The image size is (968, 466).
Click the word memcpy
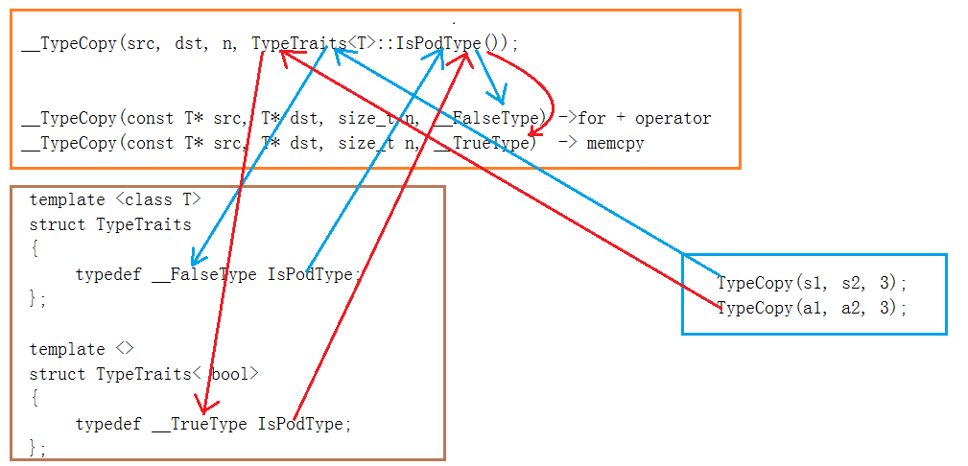tap(615, 143)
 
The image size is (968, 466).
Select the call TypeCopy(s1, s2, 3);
tap(811, 283)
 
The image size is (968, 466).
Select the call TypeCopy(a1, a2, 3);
tap(811, 308)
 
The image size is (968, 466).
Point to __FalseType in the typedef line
tap(203, 274)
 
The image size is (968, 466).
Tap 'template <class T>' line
tap(115, 199)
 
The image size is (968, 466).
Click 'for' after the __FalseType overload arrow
tap(592, 118)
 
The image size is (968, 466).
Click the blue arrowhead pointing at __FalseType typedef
tap(194, 261)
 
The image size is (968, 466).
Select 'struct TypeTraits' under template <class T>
tap(110, 224)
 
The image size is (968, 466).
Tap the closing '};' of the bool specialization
tap(37, 447)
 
